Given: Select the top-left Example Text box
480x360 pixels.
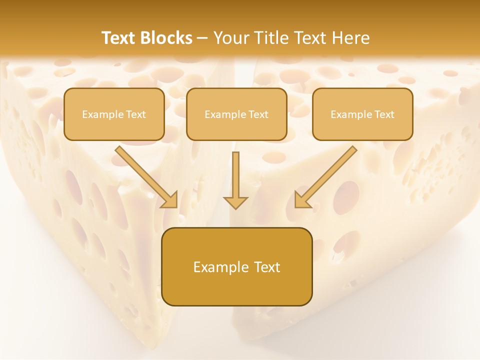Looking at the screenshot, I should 114,114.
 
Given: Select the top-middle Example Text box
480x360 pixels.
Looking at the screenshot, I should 236,114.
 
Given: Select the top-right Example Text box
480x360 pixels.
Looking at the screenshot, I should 362,114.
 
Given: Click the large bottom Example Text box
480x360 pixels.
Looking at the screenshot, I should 237,266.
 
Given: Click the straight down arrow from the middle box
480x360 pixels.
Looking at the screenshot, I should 235,177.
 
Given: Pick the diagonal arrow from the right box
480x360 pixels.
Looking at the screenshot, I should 327,175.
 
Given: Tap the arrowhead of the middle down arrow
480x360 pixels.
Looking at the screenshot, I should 235,202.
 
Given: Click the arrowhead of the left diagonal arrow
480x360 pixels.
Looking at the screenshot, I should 170,200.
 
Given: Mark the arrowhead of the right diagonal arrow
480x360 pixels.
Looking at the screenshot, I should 301,200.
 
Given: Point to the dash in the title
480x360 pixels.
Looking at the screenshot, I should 202,38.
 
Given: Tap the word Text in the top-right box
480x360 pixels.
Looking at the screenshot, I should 384,114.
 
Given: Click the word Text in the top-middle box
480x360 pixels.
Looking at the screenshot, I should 258,114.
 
